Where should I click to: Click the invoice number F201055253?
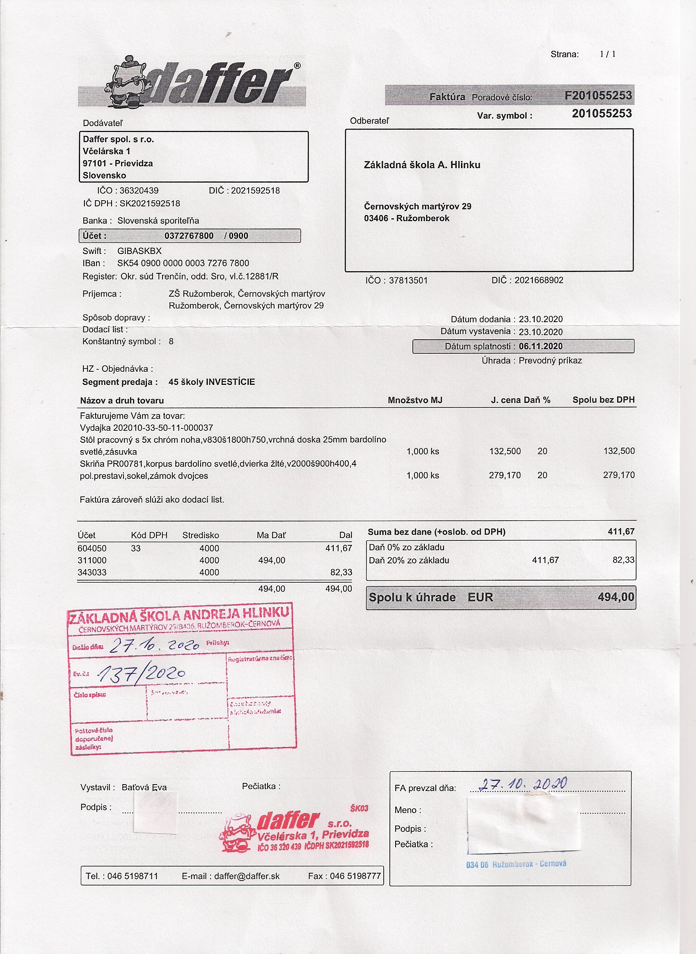tap(598, 96)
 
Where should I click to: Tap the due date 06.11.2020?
tap(540, 346)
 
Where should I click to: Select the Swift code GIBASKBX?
tap(140, 251)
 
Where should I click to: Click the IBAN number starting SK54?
tap(183, 263)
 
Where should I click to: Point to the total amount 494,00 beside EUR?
tap(616, 597)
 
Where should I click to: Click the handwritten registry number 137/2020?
tap(142, 674)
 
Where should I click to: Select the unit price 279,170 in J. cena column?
tap(504, 475)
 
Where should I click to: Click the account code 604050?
tap(92, 548)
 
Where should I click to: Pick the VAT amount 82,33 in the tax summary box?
tap(623, 560)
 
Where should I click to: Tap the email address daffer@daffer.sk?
tap(247, 876)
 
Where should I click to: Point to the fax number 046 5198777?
tap(355, 876)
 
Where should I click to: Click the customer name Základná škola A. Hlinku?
tap(422, 165)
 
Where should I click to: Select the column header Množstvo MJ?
tap(414, 400)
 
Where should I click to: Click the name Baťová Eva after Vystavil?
tap(144, 787)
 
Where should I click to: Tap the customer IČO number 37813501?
tap(408, 281)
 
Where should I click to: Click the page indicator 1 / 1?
tap(607, 54)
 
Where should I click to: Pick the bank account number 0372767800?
tap(189, 236)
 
